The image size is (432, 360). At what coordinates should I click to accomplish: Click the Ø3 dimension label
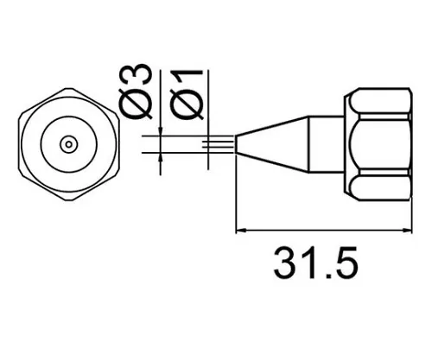[x=141, y=90]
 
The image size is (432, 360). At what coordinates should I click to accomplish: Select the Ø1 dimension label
[x=188, y=90]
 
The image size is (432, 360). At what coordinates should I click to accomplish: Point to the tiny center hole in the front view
[x=67, y=143]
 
